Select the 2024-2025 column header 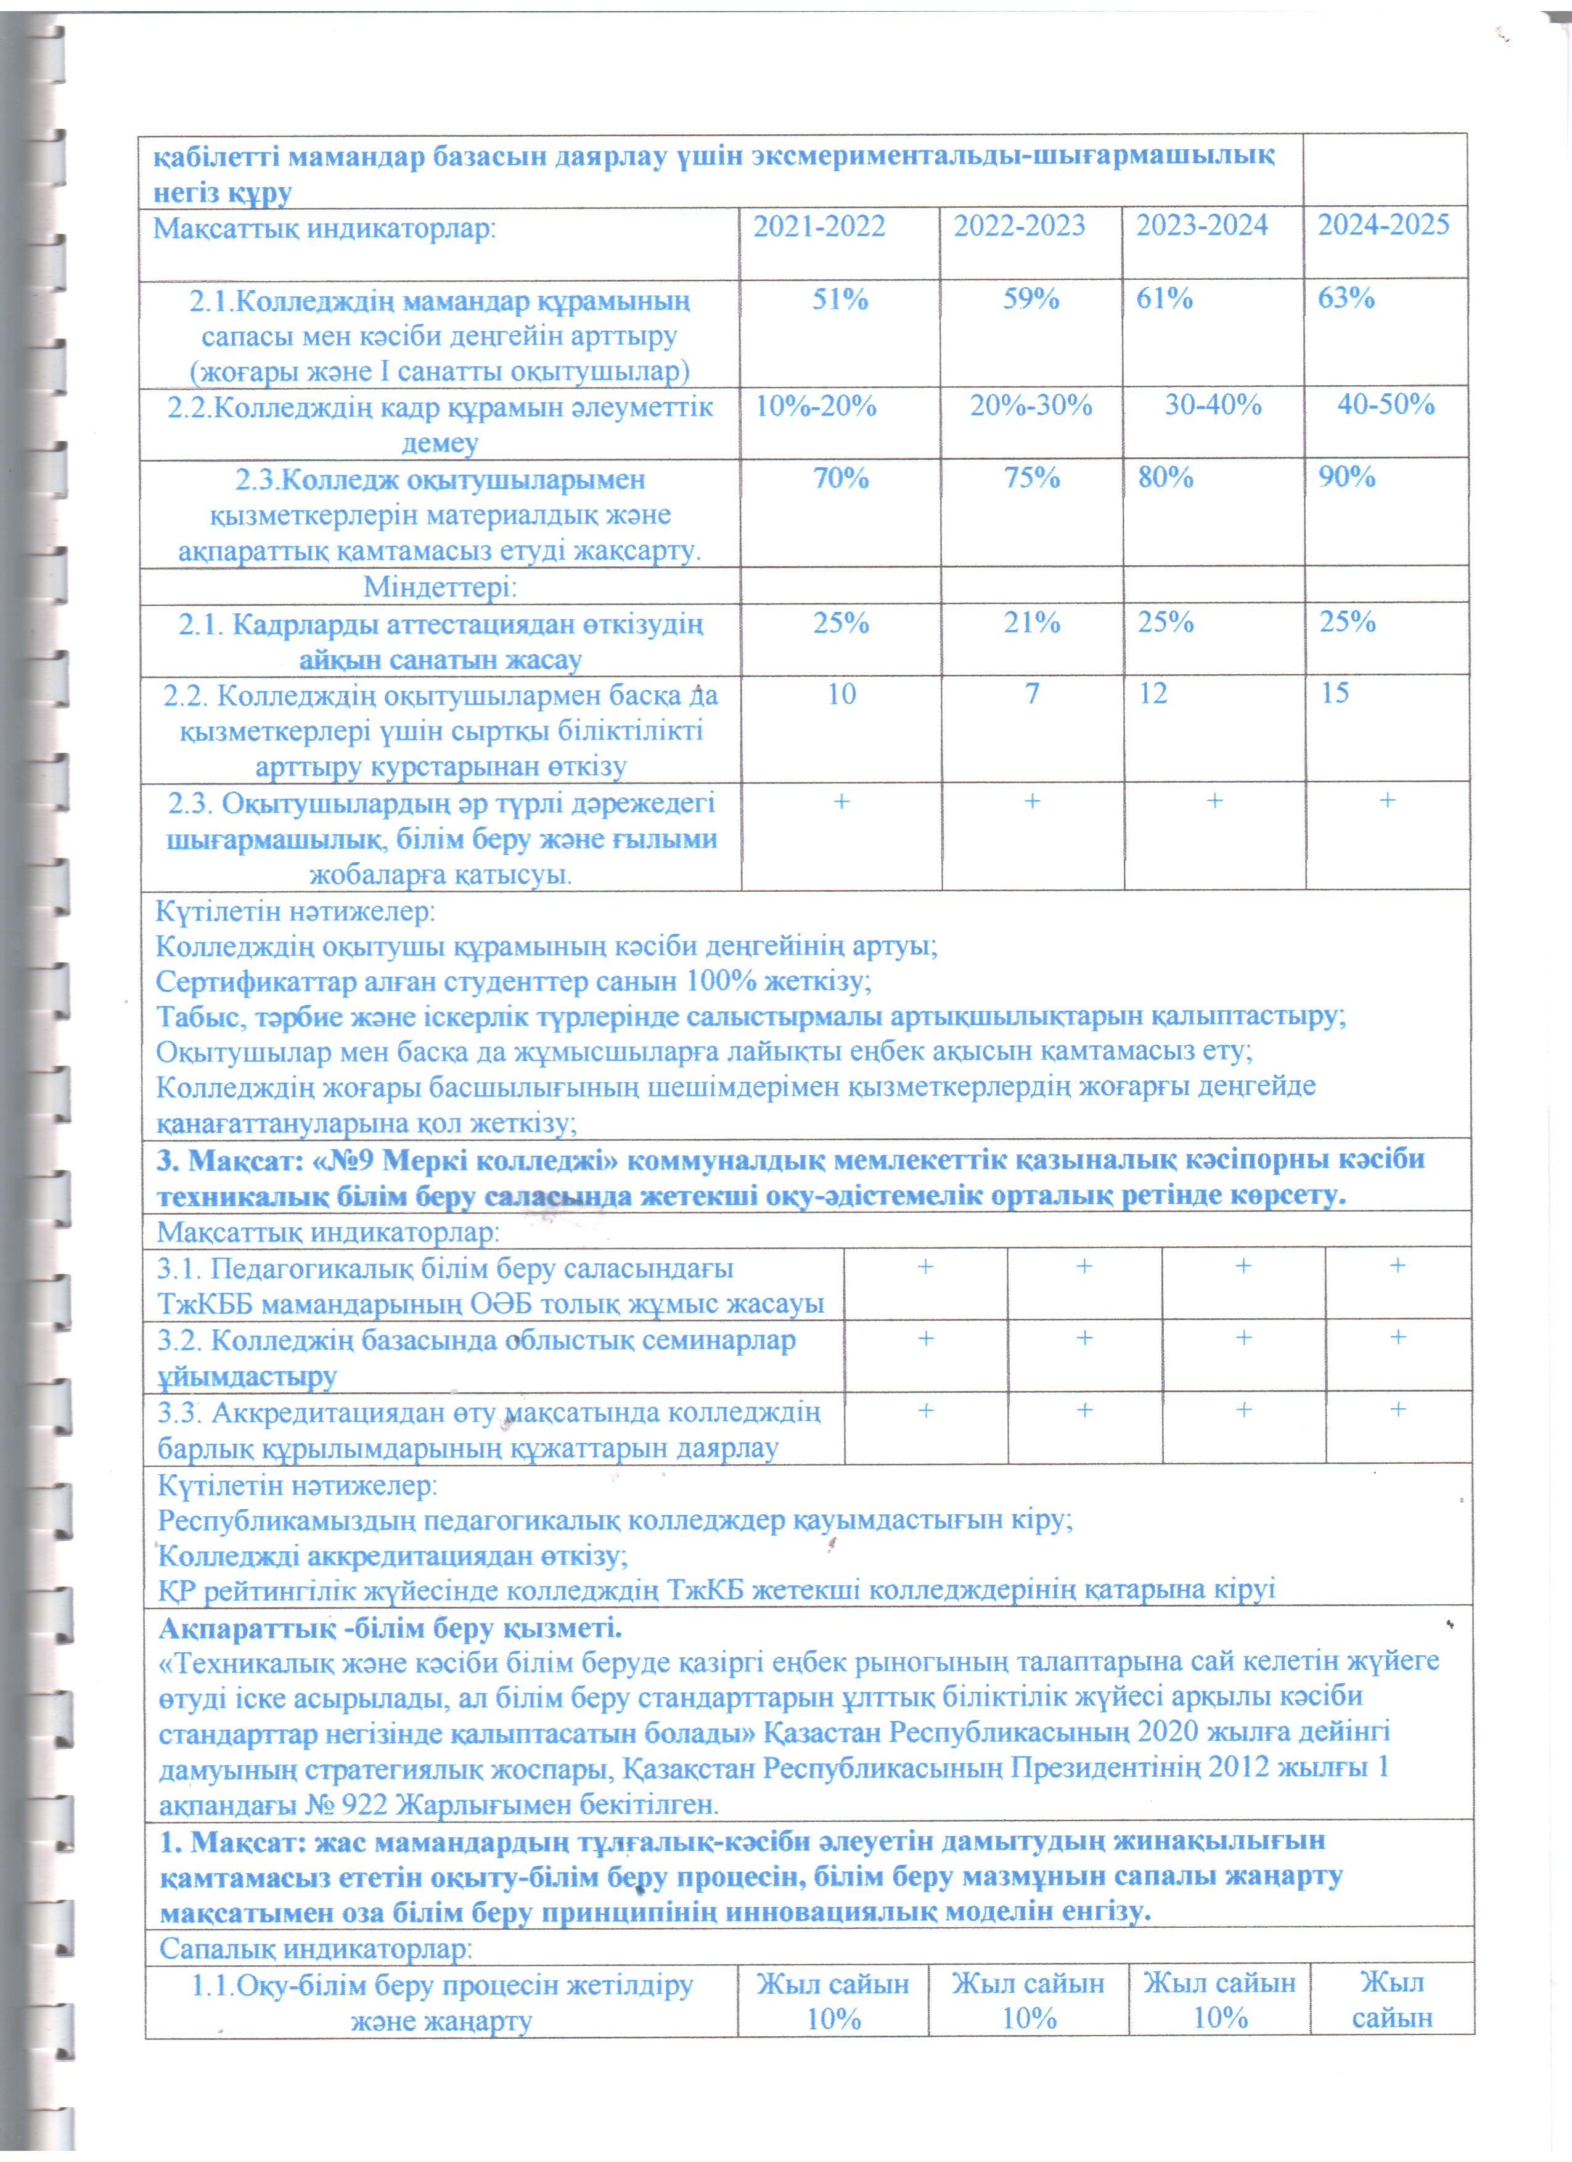[1383, 225]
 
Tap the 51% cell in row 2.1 [840, 300]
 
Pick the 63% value [1346, 298]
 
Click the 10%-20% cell [816, 406]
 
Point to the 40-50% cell [1386, 404]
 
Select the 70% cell [840, 478]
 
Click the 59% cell [1031, 300]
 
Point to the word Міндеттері [440, 586]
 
